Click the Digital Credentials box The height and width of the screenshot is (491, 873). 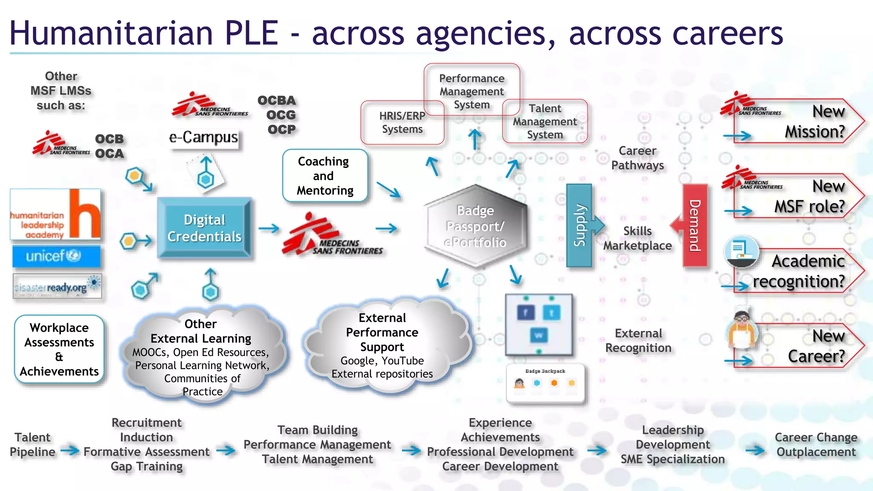pyautogui.click(x=204, y=228)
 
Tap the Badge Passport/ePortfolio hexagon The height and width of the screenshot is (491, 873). pyautogui.click(x=475, y=226)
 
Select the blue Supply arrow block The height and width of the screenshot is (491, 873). pyautogui.click(x=580, y=225)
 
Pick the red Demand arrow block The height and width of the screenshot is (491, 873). pyautogui.click(x=695, y=225)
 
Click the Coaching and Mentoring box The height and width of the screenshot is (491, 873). pyautogui.click(x=325, y=176)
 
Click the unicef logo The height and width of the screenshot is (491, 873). pyautogui.click(x=56, y=256)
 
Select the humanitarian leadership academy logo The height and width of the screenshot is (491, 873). pyautogui.click(x=55, y=214)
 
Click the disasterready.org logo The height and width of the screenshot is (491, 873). pyautogui.click(x=57, y=286)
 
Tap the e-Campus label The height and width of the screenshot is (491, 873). pyautogui.click(x=203, y=138)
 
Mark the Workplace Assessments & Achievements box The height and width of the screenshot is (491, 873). pyautogui.click(x=59, y=349)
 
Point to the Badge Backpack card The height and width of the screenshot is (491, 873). pyautogui.click(x=545, y=382)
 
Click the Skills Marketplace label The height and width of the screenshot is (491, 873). pyautogui.click(x=637, y=238)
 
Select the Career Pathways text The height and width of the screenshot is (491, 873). pyautogui.click(x=637, y=158)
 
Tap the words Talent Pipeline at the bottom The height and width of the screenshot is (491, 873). pyautogui.click(x=32, y=445)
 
